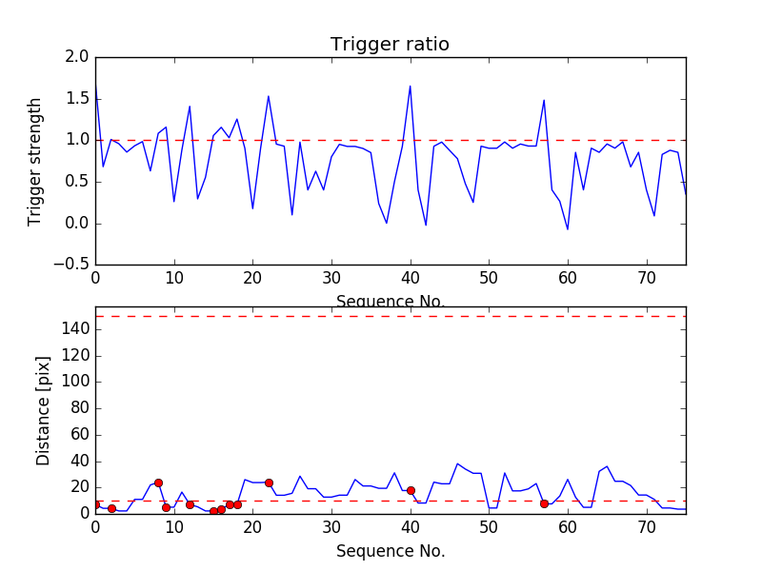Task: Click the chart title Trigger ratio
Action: click(x=390, y=45)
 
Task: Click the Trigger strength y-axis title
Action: click(x=35, y=161)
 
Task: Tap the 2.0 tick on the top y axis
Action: click(x=77, y=57)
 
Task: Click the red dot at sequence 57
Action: click(x=544, y=503)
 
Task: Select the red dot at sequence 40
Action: click(x=411, y=490)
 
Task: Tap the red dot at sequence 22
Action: click(x=269, y=482)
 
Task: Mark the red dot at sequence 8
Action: click(x=158, y=482)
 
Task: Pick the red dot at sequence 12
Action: click(x=190, y=504)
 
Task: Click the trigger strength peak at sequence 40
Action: click(x=411, y=87)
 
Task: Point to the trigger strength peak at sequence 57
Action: click(x=544, y=100)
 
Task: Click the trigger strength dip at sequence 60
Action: click(x=568, y=229)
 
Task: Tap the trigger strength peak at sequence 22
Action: click(x=269, y=96)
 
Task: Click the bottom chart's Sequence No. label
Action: click(x=390, y=551)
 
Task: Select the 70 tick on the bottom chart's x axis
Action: click(x=647, y=526)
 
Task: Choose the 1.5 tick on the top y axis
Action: click(x=77, y=99)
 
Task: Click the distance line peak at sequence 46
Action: click(x=457, y=463)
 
